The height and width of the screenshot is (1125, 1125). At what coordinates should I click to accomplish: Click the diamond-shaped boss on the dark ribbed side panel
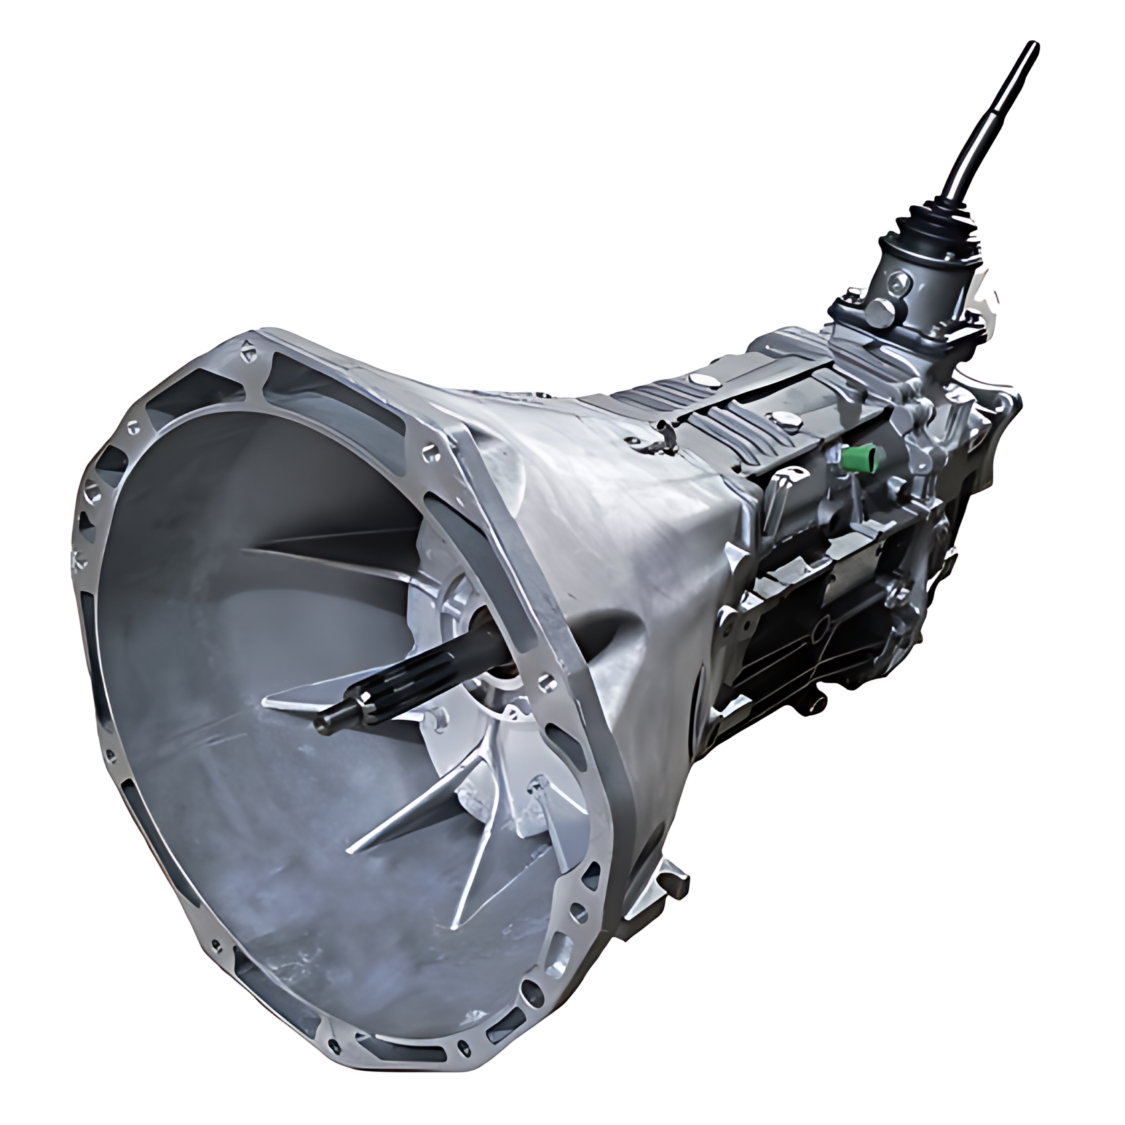pyautogui.click(x=818, y=637)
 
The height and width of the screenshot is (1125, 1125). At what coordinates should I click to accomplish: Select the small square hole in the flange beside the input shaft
pyautogui.click(x=550, y=683)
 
